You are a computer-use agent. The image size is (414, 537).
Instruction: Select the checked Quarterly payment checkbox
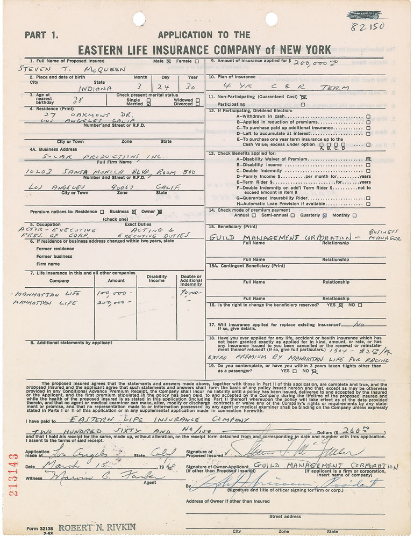click(x=324, y=215)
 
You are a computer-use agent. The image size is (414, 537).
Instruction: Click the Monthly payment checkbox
click(x=354, y=215)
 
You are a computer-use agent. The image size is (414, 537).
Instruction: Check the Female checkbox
click(x=197, y=61)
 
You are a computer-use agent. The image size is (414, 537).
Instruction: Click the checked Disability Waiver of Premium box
click(x=368, y=159)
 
